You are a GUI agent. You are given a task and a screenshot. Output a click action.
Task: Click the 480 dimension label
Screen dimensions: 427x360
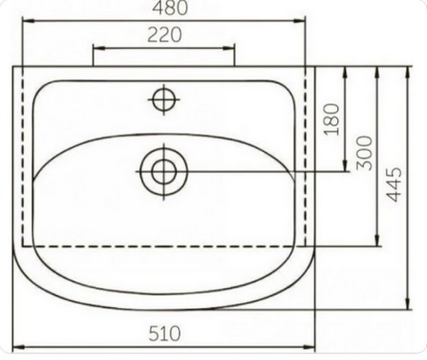click(x=170, y=8)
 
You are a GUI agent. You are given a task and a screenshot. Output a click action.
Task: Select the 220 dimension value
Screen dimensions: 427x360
click(x=164, y=35)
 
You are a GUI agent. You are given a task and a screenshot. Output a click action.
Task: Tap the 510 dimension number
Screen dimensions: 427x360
click(x=164, y=333)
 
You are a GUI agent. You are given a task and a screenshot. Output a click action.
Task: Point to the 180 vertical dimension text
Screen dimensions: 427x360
click(x=332, y=119)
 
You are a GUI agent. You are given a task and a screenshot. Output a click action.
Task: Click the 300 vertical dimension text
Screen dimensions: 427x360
click(x=365, y=153)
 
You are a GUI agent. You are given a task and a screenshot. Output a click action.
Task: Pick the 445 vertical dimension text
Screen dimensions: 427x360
click(x=394, y=185)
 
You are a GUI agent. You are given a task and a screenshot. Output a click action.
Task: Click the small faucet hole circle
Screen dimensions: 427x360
click(x=163, y=99)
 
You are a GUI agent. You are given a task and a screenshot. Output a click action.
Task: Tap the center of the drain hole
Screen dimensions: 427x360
click(x=163, y=172)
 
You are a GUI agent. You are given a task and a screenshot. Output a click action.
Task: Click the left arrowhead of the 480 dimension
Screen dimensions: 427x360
click(x=28, y=21)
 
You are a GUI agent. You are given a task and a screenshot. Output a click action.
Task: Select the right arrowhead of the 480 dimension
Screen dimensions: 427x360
click(x=299, y=21)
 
